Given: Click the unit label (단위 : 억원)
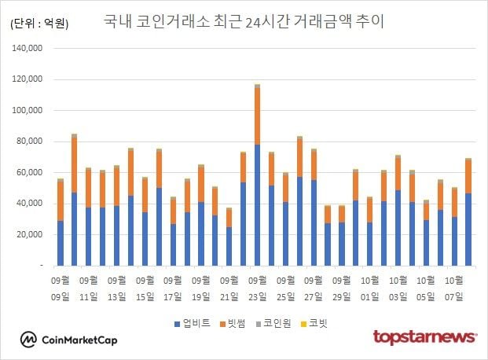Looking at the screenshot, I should coord(40,24).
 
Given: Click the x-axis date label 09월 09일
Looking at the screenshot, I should coord(61,288).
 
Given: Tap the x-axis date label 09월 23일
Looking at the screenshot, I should coord(257,288).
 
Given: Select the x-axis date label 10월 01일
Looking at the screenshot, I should coord(369,288).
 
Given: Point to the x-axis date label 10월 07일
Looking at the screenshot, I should coord(453,288).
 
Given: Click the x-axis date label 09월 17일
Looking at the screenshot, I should coord(173,288).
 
